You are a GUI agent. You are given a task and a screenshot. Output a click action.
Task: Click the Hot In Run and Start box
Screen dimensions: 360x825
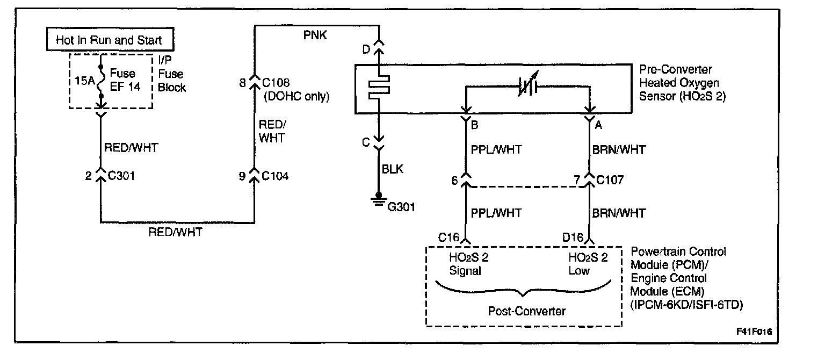click(x=109, y=40)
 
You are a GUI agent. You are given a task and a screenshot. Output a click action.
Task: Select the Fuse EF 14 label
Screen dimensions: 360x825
click(x=125, y=81)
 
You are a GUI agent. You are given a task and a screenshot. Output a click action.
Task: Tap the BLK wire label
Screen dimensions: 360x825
click(x=393, y=169)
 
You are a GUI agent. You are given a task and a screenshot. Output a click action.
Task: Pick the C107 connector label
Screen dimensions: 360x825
click(x=611, y=180)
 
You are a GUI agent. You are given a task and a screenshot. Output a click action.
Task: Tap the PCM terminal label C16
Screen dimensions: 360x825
click(x=449, y=237)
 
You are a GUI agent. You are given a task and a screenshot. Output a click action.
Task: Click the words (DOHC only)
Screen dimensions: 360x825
click(x=295, y=97)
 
